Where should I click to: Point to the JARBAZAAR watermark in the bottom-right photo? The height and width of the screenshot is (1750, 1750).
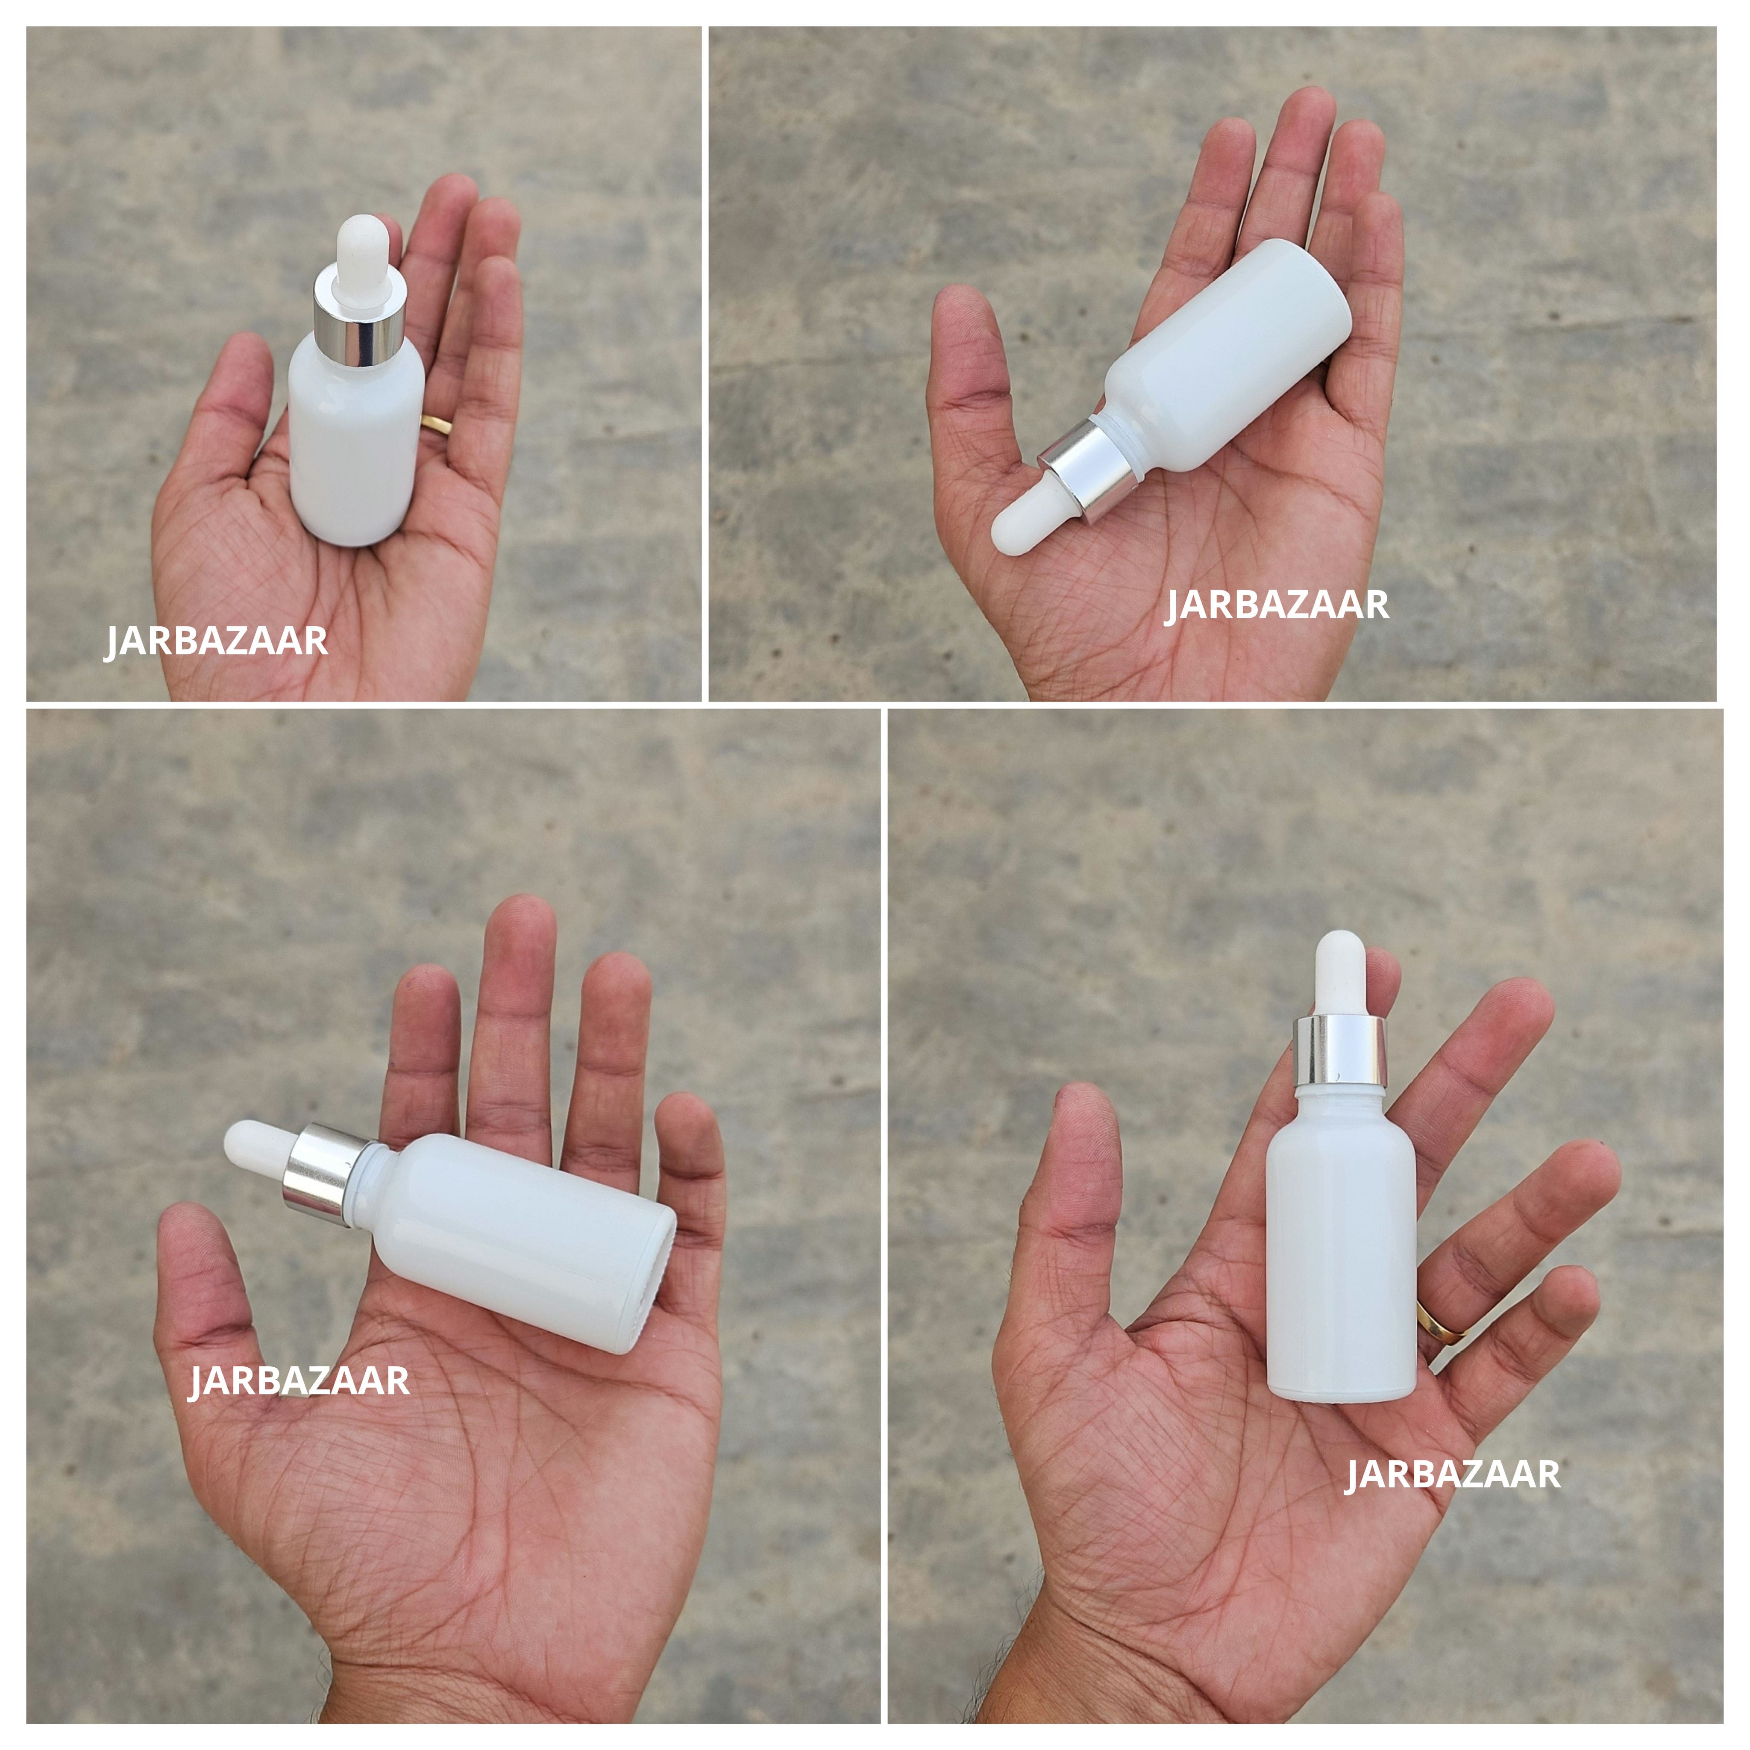1452,1474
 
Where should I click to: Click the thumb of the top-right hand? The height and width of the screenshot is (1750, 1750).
971,362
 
